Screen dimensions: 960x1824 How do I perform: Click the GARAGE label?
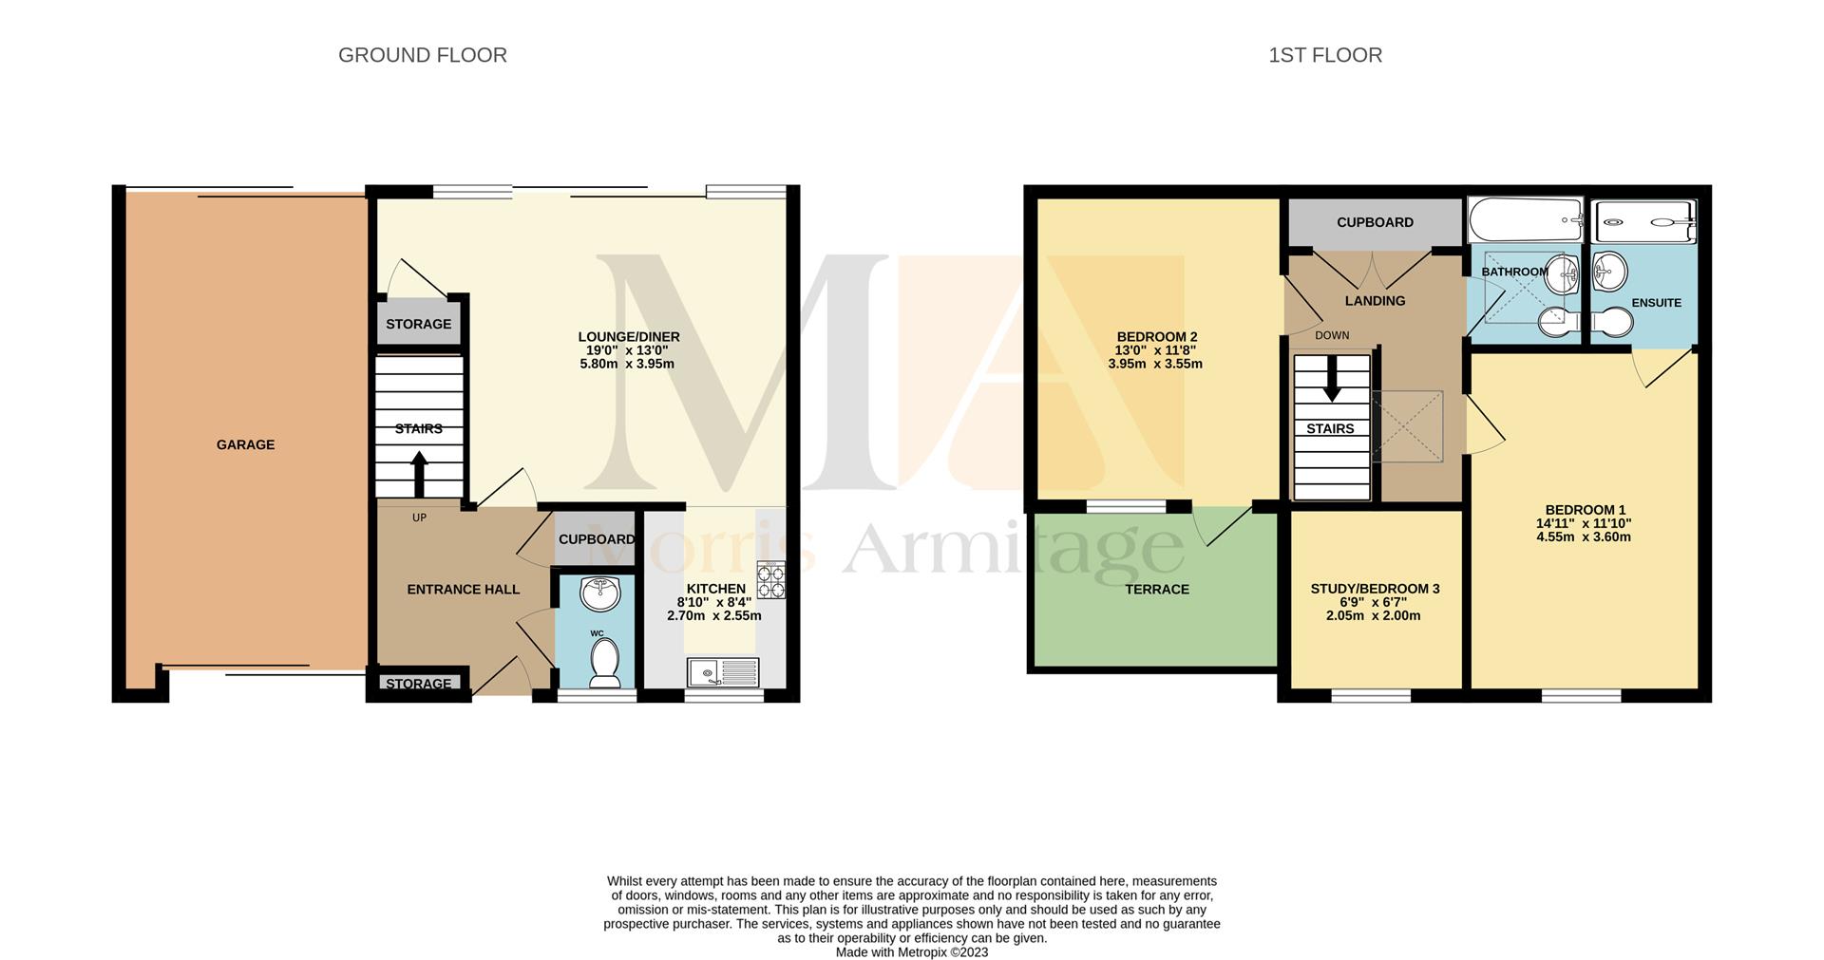[x=245, y=444]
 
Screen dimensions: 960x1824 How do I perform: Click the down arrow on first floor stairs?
[x=1332, y=378]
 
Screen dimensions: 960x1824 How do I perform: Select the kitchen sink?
[x=723, y=671]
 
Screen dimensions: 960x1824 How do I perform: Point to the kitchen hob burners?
[x=770, y=580]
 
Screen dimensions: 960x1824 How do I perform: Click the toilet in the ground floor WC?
[x=604, y=661]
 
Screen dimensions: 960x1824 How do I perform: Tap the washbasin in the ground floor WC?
[x=600, y=593]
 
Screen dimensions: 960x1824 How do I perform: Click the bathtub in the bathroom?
[x=1526, y=220]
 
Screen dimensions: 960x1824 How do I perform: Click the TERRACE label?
[x=1156, y=589]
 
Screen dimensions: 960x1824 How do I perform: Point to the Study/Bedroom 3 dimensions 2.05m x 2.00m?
[x=1373, y=615]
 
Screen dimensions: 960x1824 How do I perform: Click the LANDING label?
[x=1375, y=301]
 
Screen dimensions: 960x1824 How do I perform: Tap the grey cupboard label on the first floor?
[x=1375, y=222]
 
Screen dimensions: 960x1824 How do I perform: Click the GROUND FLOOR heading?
[x=422, y=55]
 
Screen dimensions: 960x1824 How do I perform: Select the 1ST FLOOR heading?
[x=1324, y=55]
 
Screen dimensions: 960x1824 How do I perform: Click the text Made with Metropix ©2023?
[x=911, y=951]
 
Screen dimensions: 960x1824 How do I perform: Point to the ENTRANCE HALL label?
[x=463, y=589]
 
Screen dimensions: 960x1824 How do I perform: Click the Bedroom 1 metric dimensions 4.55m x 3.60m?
[x=1583, y=536]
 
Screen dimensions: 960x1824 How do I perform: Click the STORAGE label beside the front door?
[x=418, y=684]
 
